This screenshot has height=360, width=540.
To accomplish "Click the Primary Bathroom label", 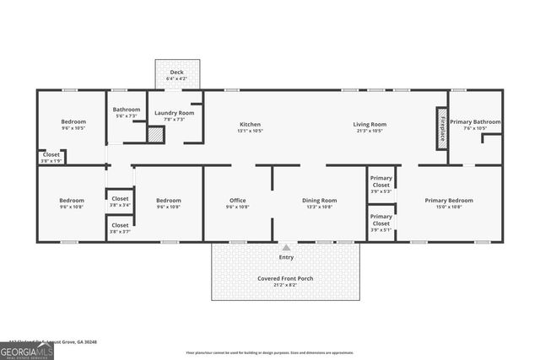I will pos(474,122).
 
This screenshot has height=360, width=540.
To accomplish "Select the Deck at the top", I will pos(176,75).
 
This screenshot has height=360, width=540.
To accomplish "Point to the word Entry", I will pos(287,257).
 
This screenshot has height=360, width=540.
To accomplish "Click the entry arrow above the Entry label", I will pos(287,247).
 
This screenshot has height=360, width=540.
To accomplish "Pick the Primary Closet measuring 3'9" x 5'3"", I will pos(381,185).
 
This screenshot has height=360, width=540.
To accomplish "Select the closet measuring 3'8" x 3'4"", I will pos(120,201).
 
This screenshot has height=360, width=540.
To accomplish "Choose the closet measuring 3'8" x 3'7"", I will pos(120,228).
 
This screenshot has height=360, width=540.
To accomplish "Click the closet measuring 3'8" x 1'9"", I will pos(51,157).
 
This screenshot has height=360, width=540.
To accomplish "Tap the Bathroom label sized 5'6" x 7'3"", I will pos(127,111).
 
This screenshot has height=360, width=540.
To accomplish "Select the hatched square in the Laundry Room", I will pos(155,135).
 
